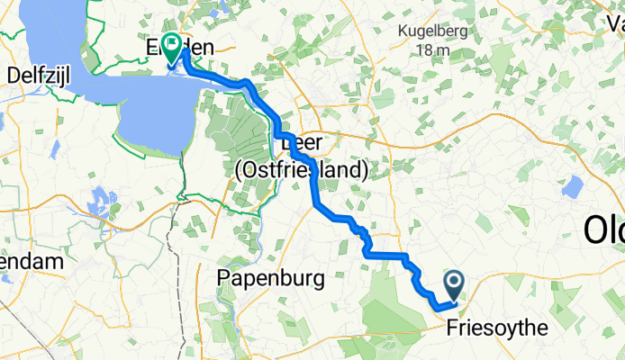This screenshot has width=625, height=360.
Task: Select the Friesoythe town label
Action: click(496, 329)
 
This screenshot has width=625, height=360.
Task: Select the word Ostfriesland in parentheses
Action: click(301, 169)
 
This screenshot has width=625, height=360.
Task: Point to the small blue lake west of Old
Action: click(569, 187)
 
